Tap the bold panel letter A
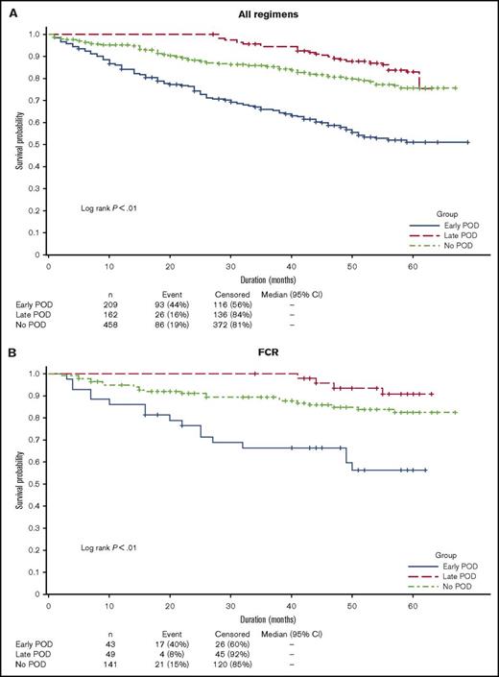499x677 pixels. click(9, 10)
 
